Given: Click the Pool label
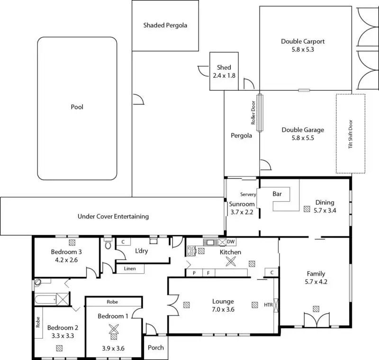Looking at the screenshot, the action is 77,107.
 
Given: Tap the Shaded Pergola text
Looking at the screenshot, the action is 165,25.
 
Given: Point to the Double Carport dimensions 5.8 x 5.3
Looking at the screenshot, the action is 303,49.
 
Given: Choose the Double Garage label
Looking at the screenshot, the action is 303,129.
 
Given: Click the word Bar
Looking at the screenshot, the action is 278,194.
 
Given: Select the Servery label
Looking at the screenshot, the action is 248,194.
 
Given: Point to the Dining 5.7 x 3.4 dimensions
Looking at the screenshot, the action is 325,210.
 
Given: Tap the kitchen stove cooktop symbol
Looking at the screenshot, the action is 192,251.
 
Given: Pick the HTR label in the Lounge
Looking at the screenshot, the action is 268,305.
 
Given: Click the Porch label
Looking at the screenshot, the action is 156,348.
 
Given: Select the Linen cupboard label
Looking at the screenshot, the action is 129,269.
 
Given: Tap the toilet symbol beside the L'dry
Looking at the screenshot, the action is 108,244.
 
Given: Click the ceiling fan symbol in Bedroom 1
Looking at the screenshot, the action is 113,328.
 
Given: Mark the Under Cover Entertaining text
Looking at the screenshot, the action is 113,217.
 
